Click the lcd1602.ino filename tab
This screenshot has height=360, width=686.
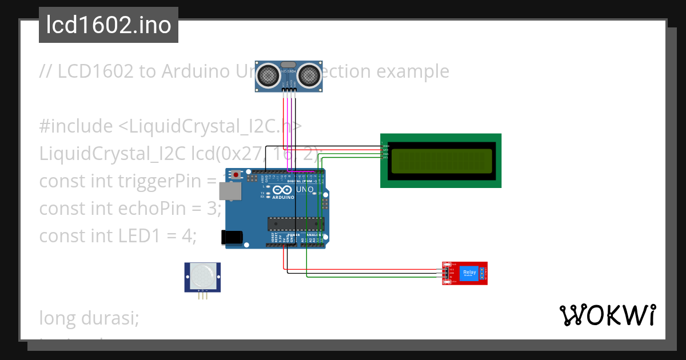[x=109, y=25]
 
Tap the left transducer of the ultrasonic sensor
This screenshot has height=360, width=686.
[x=268, y=74]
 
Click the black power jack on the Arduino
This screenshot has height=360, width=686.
[x=230, y=237]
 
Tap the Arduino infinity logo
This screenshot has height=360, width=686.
[x=282, y=190]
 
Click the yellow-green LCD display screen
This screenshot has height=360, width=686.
[x=441, y=161]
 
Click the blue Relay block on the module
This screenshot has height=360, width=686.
[x=469, y=273]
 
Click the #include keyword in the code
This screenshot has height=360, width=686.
[x=76, y=126]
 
